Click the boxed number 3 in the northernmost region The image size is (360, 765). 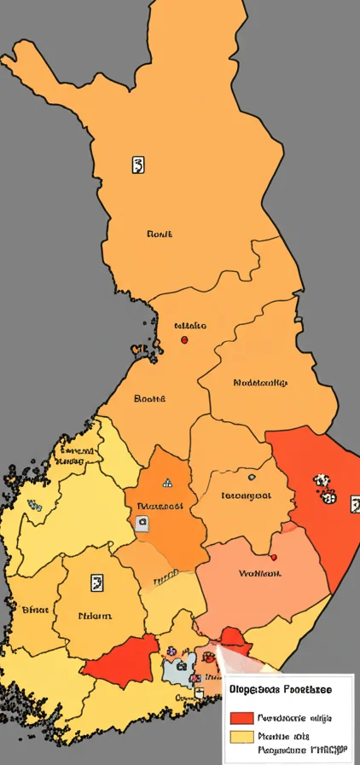point(138,165)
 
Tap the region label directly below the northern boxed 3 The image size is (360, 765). point(160,233)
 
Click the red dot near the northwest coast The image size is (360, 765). point(184,339)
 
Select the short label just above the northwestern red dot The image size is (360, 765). point(189,325)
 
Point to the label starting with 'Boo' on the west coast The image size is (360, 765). point(150,397)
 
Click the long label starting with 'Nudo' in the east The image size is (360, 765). point(260,383)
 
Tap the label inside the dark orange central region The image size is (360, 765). point(160,505)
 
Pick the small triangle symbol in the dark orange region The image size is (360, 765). point(167,482)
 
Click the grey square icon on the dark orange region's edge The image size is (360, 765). point(142,522)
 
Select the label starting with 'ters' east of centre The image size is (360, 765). point(246,495)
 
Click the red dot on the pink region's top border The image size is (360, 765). point(273,557)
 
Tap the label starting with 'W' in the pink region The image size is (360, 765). point(259,574)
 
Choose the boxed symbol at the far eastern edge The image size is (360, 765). point(355,504)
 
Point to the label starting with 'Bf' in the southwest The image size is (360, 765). point(35,609)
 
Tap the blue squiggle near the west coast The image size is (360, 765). point(34,504)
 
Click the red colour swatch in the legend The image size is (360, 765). point(242,717)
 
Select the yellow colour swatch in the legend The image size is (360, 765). point(242,736)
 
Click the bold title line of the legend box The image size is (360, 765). point(281,688)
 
